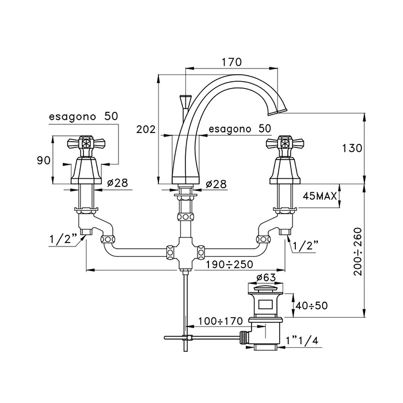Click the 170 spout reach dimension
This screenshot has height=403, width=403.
(231, 62)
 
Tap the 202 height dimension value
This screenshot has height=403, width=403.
(146, 130)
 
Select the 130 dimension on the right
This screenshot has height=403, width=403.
(351, 148)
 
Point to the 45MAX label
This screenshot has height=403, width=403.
(321, 196)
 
